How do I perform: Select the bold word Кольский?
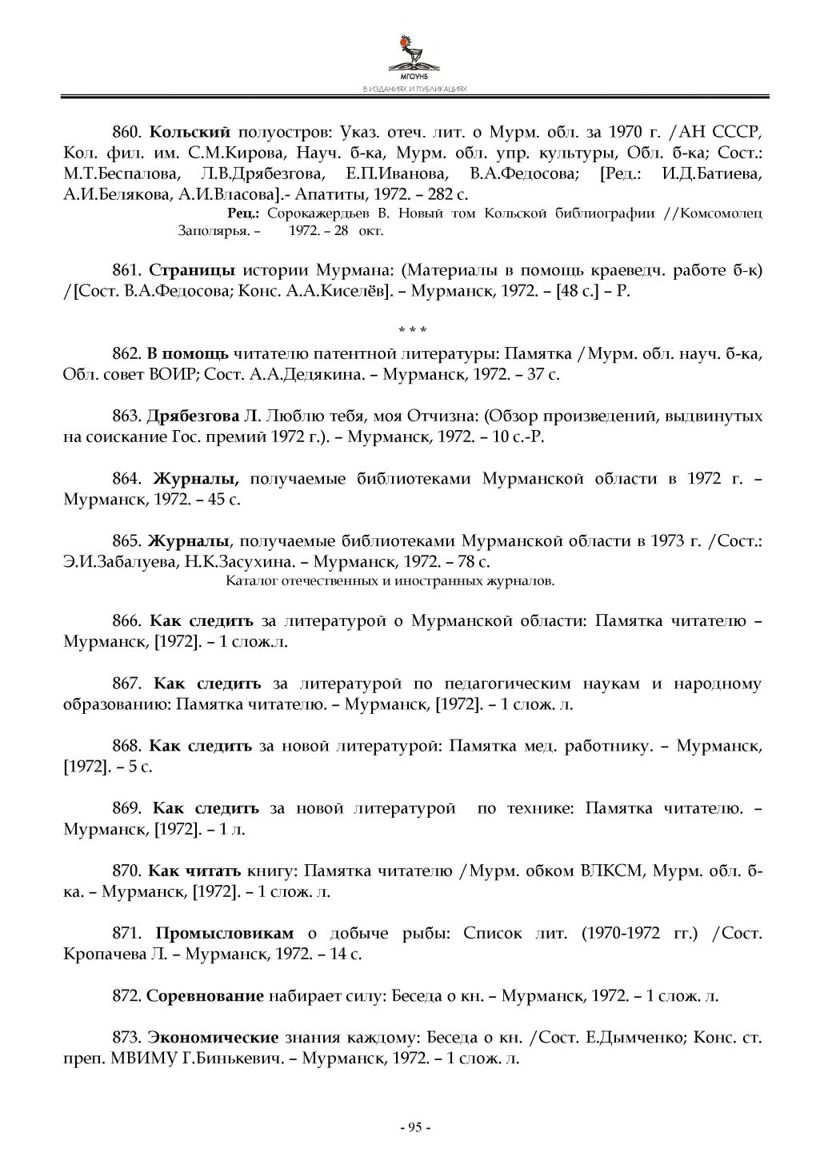coord(190,131)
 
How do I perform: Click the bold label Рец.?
coord(244,213)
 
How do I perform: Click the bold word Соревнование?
coord(206,995)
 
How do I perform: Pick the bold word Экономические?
coord(213,1038)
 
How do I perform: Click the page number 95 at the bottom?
coord(415,1127)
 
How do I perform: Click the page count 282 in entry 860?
coord(432,193)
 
